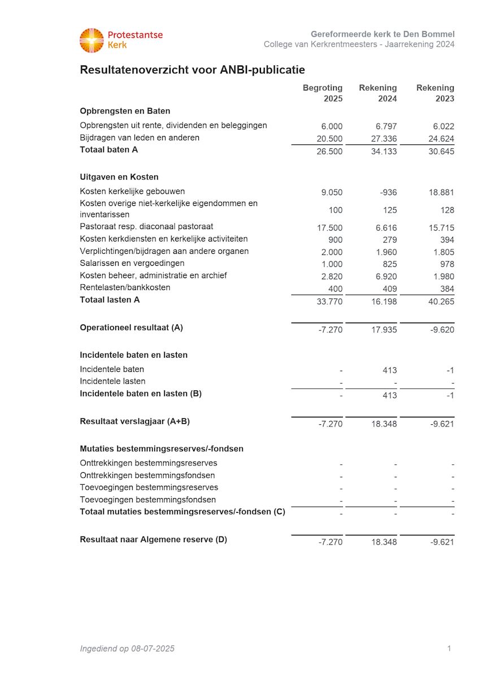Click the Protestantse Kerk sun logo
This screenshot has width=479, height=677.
[x=92, y=40]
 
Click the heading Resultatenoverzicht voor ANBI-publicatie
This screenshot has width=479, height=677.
[x=192, y=70]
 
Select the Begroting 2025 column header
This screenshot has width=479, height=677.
[x=323, y=93]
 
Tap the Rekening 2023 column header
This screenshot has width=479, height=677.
[x=436, y=93]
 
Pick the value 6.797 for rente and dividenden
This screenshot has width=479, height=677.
[x=386, y=126]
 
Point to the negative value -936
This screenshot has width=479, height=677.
[x=389, y=192]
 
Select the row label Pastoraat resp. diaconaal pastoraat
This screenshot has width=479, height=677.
[x=146, y=227]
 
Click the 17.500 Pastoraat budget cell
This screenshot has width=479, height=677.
[x=330, y=228]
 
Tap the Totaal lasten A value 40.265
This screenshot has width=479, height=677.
[x=441, y=301]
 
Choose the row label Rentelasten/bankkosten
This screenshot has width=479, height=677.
[x=125, y=288]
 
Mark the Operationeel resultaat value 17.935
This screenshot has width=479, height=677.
[x=384, y=329]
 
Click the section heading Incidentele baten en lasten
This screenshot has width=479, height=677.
[x=133, y=355]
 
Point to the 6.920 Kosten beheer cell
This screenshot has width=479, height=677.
[x=386, y=276]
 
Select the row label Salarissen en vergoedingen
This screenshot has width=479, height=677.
[x=132, y=263]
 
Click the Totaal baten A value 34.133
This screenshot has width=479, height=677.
[x=384, y=151]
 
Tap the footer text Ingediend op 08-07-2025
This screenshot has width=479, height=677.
[x=127, y=649]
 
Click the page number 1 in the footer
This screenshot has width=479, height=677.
[x=449, y=649]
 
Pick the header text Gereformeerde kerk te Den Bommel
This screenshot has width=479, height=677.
[x=382, y=34]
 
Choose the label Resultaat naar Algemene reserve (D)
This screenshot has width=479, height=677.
[x=153, y=539]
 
